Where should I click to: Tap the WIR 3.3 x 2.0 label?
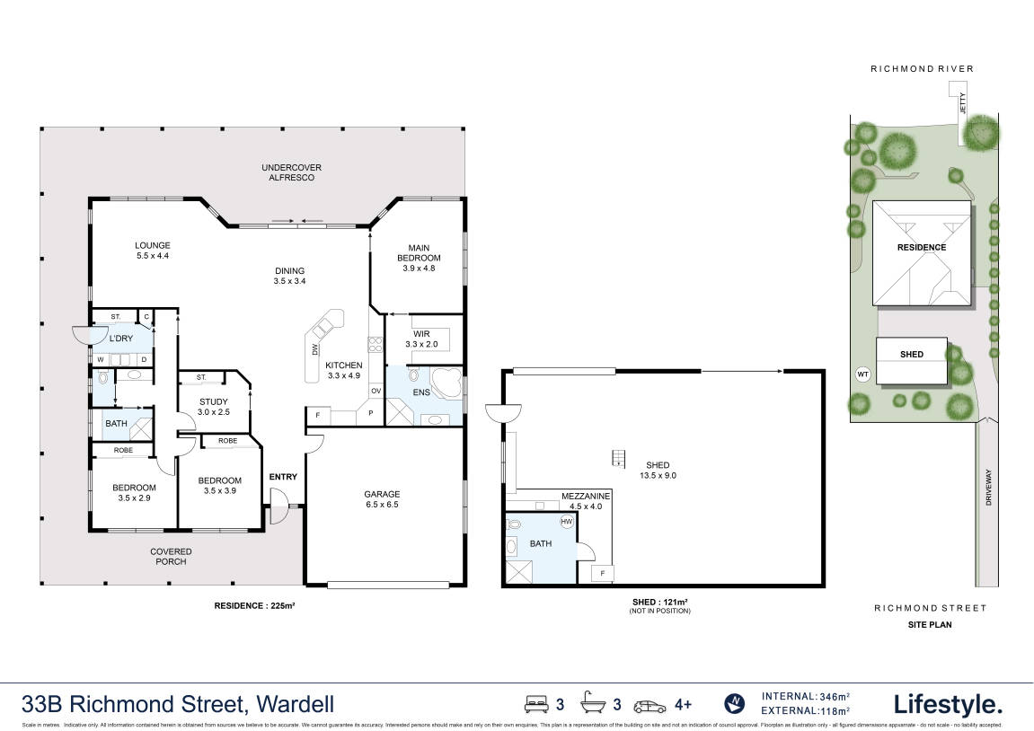click(420, 339)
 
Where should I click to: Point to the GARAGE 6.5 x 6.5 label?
click(382, 499)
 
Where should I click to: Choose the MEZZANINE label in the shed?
click(586, 496)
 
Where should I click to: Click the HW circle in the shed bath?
click(567, 521)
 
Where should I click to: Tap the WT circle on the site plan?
click(863, 374)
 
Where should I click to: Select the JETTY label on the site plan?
click(960, 101)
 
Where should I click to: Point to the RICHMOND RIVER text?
click(921, 69)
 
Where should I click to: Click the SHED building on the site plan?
click(911, 354)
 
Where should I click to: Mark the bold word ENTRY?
click(283, 477)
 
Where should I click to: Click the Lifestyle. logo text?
click(947, 703)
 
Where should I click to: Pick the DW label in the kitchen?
click(314, 350)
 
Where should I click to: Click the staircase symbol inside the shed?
click(617, 458)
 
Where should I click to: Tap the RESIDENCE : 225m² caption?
click(254, 606)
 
